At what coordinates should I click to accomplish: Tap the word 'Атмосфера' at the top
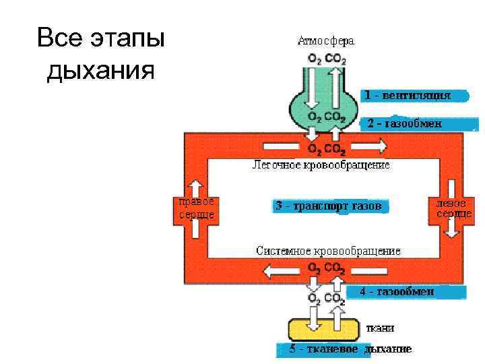point(326,40)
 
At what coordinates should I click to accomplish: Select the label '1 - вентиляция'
point(408,96)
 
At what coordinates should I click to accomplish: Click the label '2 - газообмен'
point(404,124)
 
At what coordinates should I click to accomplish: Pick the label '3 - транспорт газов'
point(329,206)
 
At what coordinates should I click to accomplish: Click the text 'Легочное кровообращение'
point(321,164)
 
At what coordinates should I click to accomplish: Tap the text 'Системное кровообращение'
point(328,251)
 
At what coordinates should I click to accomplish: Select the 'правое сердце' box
point(196,208)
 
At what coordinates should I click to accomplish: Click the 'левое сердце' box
point(451,208)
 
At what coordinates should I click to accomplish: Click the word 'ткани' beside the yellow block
point(380,328)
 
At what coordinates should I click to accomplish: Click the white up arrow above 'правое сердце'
point(196,187)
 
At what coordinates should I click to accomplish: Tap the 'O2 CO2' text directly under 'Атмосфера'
point(327,59)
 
